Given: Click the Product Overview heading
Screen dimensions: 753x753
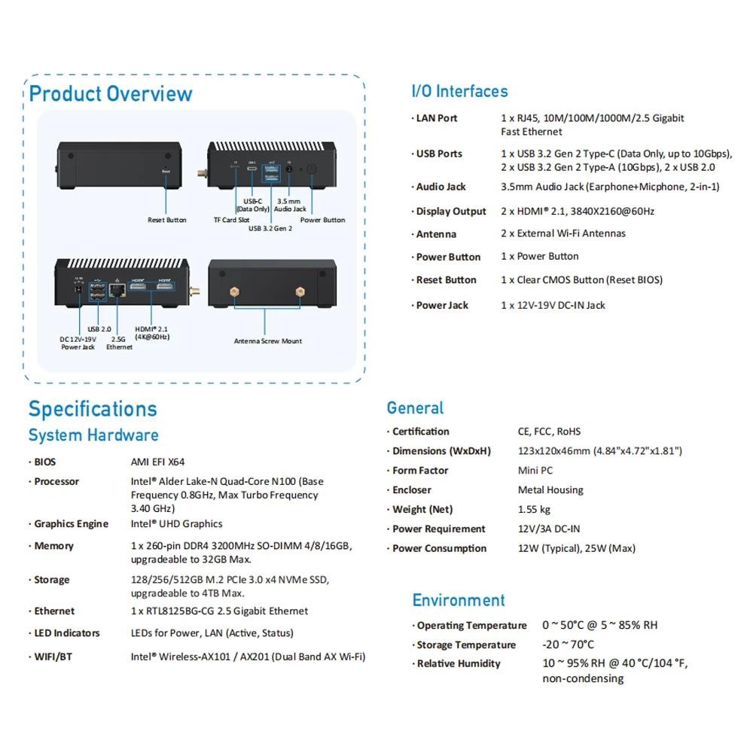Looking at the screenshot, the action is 111,93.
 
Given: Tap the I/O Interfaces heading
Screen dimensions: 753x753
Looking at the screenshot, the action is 459,91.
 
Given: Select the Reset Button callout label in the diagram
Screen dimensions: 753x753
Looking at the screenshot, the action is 166,220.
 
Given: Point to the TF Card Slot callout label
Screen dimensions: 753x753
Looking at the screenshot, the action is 231,220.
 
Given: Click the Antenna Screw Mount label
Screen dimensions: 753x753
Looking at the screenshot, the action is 268,341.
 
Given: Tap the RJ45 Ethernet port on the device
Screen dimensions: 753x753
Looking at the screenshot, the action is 117,290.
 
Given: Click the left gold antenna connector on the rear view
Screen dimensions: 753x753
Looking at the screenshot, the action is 234,292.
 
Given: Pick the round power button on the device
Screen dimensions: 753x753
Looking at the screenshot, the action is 312,169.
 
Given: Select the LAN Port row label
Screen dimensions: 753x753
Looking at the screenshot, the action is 437,118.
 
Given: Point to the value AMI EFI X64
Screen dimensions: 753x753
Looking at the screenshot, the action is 157,462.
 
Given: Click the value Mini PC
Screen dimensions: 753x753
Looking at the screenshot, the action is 535,471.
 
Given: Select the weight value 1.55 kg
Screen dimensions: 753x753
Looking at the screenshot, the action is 534,510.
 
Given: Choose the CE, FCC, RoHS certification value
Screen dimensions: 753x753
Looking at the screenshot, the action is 549,431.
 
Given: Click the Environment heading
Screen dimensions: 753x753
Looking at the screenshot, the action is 459,600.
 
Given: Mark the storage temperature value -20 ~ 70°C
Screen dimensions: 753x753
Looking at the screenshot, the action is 568,645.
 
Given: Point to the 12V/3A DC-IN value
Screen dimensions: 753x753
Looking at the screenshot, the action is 549,529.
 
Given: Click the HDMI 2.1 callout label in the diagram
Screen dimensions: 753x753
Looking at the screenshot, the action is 152,333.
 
